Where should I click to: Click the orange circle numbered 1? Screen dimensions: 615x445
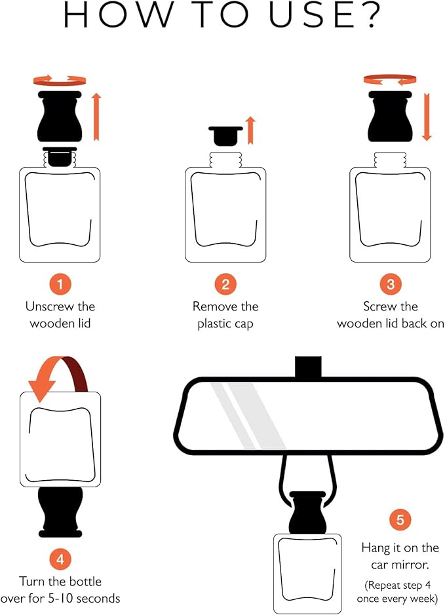tap(60, 285)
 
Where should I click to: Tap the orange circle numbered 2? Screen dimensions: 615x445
tap(225, 285)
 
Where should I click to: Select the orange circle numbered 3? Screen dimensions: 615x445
tap(391, 285)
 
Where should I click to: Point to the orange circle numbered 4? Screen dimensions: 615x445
tap(60, 559)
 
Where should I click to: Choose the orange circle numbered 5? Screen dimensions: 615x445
tap(400, 521)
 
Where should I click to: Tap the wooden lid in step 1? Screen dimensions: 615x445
tap(60, 117)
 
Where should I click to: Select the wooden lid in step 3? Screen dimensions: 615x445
tap(391, 117)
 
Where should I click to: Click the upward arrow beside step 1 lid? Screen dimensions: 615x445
tap(96, 117)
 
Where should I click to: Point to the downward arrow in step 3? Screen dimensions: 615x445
tap(427, 117)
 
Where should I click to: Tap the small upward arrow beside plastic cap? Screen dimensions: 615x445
tap(250, 124)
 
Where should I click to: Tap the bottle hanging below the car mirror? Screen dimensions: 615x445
tap(307, 573)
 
